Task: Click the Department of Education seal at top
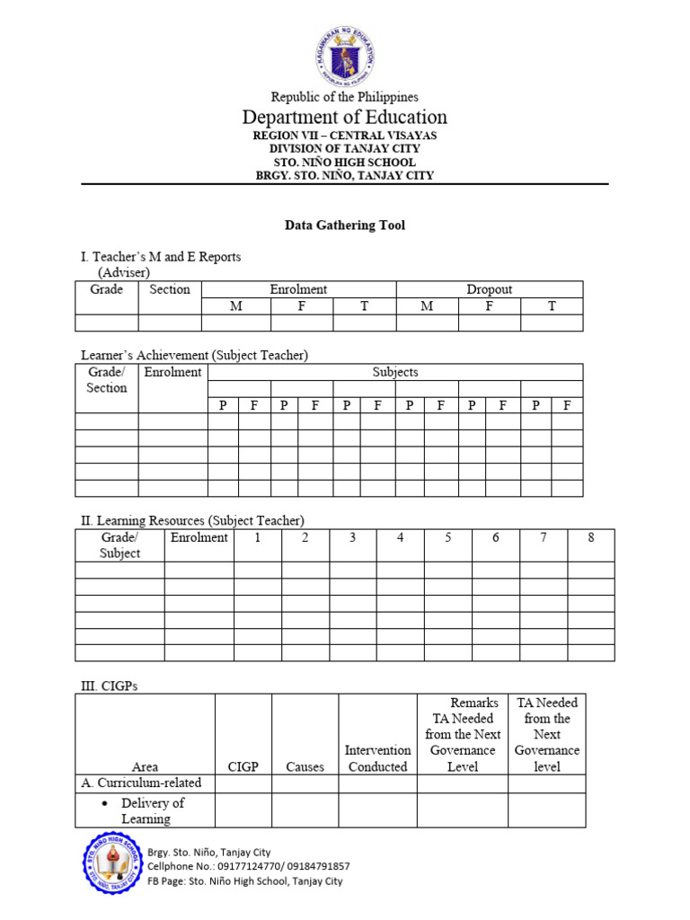(x=345, y=52)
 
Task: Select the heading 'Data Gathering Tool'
(x=345, y=226)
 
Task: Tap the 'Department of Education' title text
(x=345, y=118)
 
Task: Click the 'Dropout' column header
(x=489, y=289)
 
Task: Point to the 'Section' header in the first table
(x=170, y=289)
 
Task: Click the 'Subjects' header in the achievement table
(x=395, y=372)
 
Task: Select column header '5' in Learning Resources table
(x=448, y=537)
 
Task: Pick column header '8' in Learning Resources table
(x=590, y=537)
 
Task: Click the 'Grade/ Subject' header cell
(x=119, y=545)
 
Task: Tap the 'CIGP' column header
(x=243, y=766)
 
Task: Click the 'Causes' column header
(x=305, y=766)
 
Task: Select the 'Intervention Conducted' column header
(x=377, y=758)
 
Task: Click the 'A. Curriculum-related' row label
(x=142, y=783)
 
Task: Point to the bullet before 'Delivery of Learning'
(x=106, y=803)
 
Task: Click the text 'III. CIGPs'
(x=110, y=686)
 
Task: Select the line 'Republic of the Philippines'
(x=345, y=97)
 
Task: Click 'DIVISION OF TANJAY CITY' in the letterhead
(x=345, y=149)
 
